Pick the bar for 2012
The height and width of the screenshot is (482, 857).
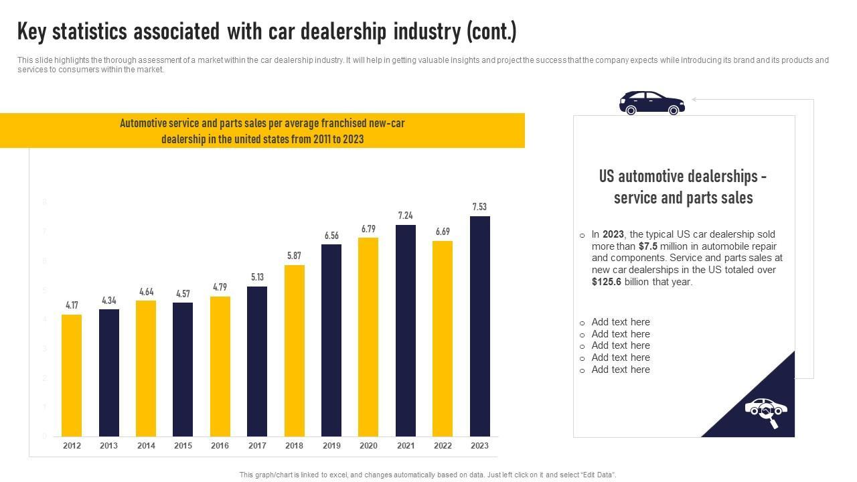[72, 375]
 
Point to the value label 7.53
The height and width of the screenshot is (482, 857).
[479, 207]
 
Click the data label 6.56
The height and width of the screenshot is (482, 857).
[331, 236]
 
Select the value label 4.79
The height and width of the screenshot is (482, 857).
[220, 287]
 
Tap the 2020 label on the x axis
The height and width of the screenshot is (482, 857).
[368, 446]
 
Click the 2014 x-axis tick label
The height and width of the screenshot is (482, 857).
[146, 446]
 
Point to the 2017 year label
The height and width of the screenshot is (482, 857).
[257, 446]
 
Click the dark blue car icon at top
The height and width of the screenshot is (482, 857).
[651, 103]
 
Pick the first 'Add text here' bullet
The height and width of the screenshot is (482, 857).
[621, 322]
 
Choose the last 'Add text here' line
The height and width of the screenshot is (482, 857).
[621, 370]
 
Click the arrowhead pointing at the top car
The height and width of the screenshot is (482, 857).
[694, 99]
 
